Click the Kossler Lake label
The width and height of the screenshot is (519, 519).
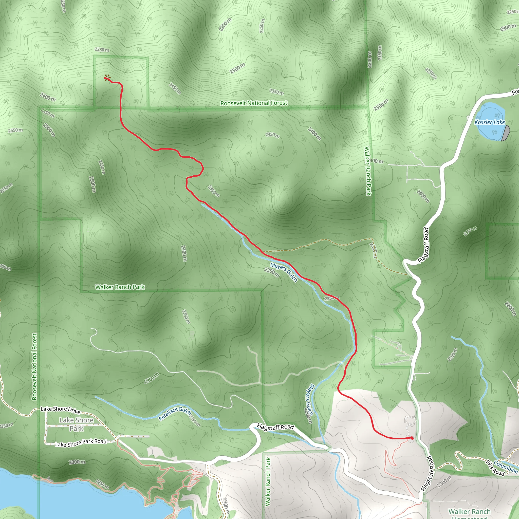tap(490, 122)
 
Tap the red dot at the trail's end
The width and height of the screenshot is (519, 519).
tap(412, 438)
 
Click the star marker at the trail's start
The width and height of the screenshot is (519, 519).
tap(107, 78)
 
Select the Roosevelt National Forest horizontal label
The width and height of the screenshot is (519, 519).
tap(254, 103)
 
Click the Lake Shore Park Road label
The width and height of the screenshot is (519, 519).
tap(81, 443)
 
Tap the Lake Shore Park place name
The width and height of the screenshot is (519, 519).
tap(77, 424)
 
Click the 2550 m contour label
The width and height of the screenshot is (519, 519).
tap(15, 130)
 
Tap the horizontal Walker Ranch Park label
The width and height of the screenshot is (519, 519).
tap(120, 287)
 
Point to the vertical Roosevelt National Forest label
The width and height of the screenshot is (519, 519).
tap(34, 367)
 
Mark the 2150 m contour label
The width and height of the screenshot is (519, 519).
tap(380, 53)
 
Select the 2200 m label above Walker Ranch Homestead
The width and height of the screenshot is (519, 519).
tap(444, 481)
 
